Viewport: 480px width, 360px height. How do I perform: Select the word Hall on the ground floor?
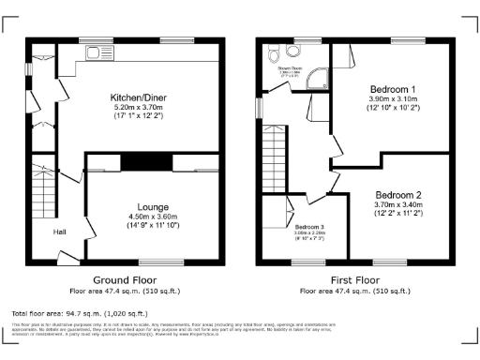tap(59, 232)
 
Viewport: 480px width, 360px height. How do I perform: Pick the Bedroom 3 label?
tap(308, 227)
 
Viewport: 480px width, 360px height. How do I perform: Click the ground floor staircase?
tap(44, 187)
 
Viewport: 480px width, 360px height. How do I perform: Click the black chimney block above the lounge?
tap(145, 162)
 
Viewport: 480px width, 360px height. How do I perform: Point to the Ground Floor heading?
tap(126, 280)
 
